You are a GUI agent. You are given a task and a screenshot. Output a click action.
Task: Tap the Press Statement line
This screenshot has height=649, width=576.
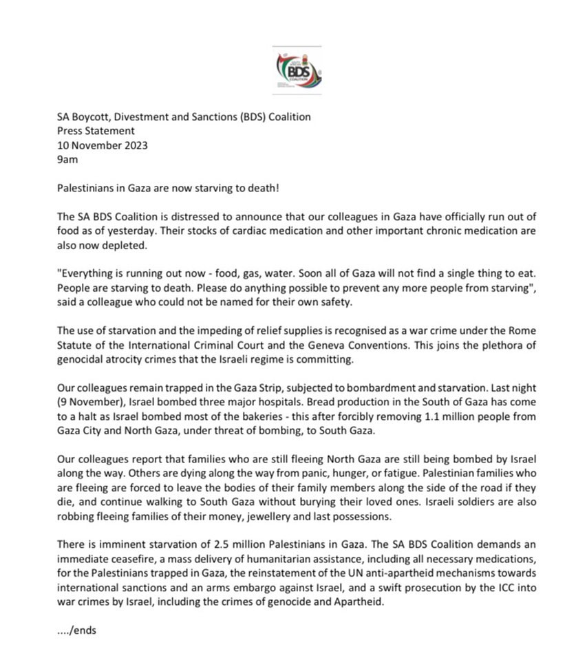[96, 131]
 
